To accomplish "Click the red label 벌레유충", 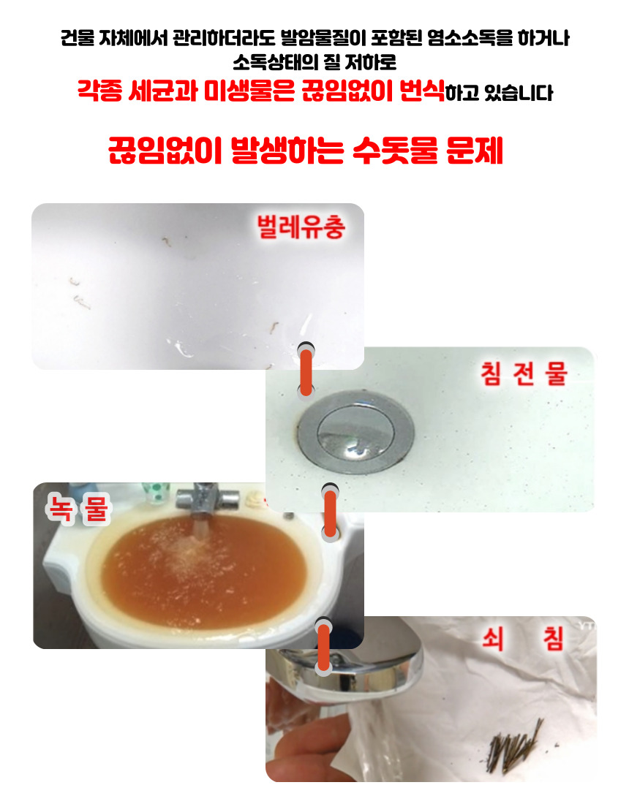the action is pos(301,227).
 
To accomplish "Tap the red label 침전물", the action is pos(523,373).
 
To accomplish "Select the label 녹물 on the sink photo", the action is pos(78,509).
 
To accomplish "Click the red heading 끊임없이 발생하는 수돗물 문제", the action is pos(306,151).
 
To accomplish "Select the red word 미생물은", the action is pos(249,91).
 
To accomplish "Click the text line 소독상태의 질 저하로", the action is pos(314,63).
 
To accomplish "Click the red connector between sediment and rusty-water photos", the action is pos(331,513).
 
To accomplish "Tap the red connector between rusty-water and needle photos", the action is pos(323,647).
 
